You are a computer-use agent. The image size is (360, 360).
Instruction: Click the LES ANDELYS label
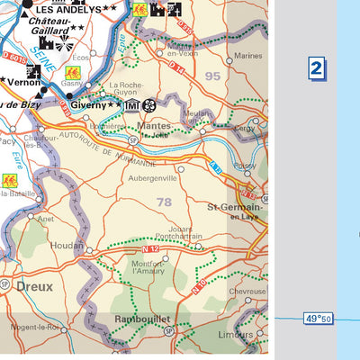[x=69, y=8]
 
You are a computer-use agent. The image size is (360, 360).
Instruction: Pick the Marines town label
[x=247, y=56]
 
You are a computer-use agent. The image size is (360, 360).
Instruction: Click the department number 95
[x=211, y=76]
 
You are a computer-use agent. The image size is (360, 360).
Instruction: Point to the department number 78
[x=164, y=202]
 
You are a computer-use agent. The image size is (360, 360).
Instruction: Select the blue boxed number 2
[x=316, y=67]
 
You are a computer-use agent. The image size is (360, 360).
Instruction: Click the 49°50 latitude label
[x=318, y=319]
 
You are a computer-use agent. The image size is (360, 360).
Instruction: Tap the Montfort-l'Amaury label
[x=148, y=265]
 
